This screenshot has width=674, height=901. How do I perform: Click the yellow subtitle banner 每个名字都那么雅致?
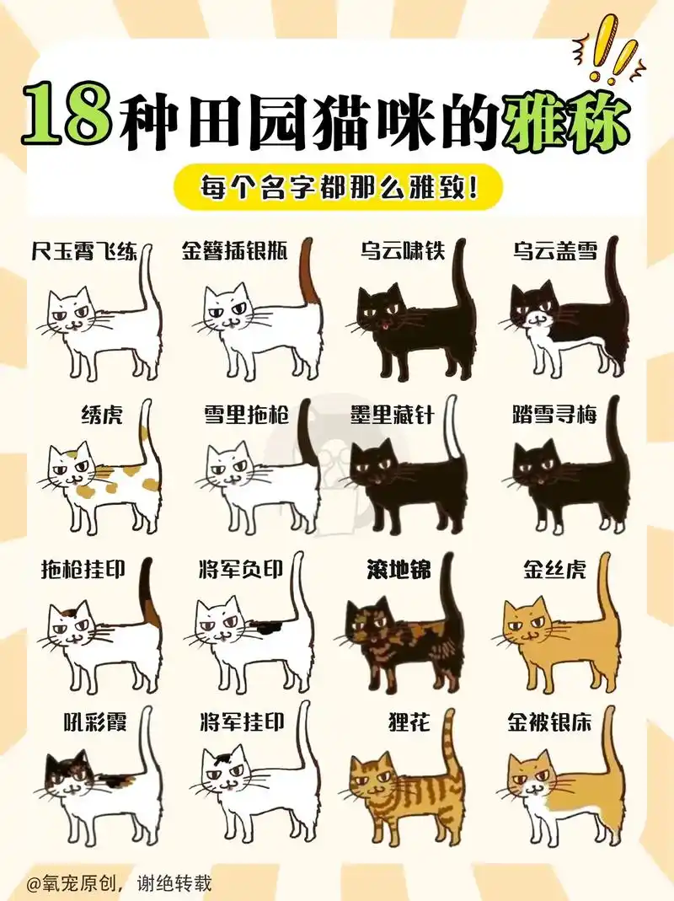(338, 187)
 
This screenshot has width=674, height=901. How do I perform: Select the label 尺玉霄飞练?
(83, 251)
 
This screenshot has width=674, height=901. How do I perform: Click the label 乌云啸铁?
(402, 251)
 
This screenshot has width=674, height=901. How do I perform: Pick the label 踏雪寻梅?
(554, 414)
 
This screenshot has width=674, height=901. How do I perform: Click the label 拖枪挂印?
(83, 571)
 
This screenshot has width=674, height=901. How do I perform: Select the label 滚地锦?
(399, 571)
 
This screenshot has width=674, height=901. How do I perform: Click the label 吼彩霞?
(95, 722)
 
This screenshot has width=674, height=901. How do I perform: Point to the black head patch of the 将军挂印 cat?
(224, 752)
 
